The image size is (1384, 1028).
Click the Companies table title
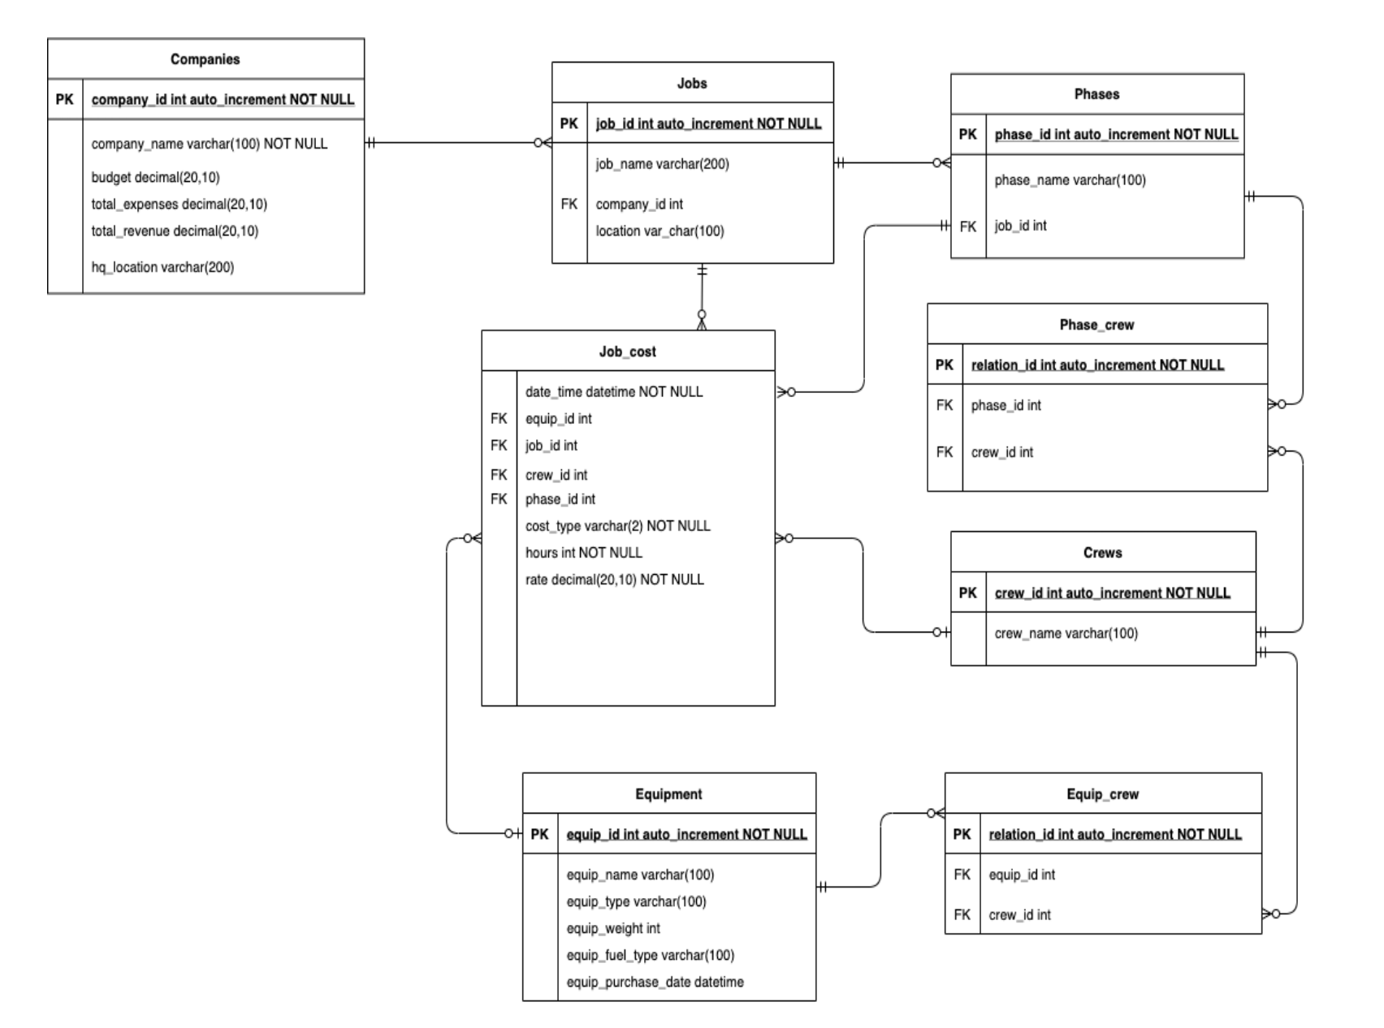tap(205, 59)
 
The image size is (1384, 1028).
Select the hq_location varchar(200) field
tap(162, 267)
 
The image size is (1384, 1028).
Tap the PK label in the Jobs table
tap(569, 123)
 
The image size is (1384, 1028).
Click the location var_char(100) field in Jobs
tap(660, 231)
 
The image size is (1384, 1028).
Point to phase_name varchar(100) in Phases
tap(1070, 180)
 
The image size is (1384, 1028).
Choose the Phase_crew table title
tap(1096, 325)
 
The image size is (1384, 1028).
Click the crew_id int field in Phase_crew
tap(1001, 452)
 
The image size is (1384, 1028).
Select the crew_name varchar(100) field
tap(1066, 633)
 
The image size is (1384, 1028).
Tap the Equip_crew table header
tap(1102, 794)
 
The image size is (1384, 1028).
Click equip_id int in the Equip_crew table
tap(1022, 875)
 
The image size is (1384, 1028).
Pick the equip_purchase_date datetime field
tap(655, 983)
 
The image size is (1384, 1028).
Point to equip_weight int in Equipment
tap(613, 928)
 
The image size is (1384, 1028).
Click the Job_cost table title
tap(627, 352)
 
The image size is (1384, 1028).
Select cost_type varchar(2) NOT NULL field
tap(617, 526)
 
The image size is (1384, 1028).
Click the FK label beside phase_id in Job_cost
tap(499, 499)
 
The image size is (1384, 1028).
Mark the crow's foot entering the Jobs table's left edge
tap(543, 143)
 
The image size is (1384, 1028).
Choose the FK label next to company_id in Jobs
tap(569, 205)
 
